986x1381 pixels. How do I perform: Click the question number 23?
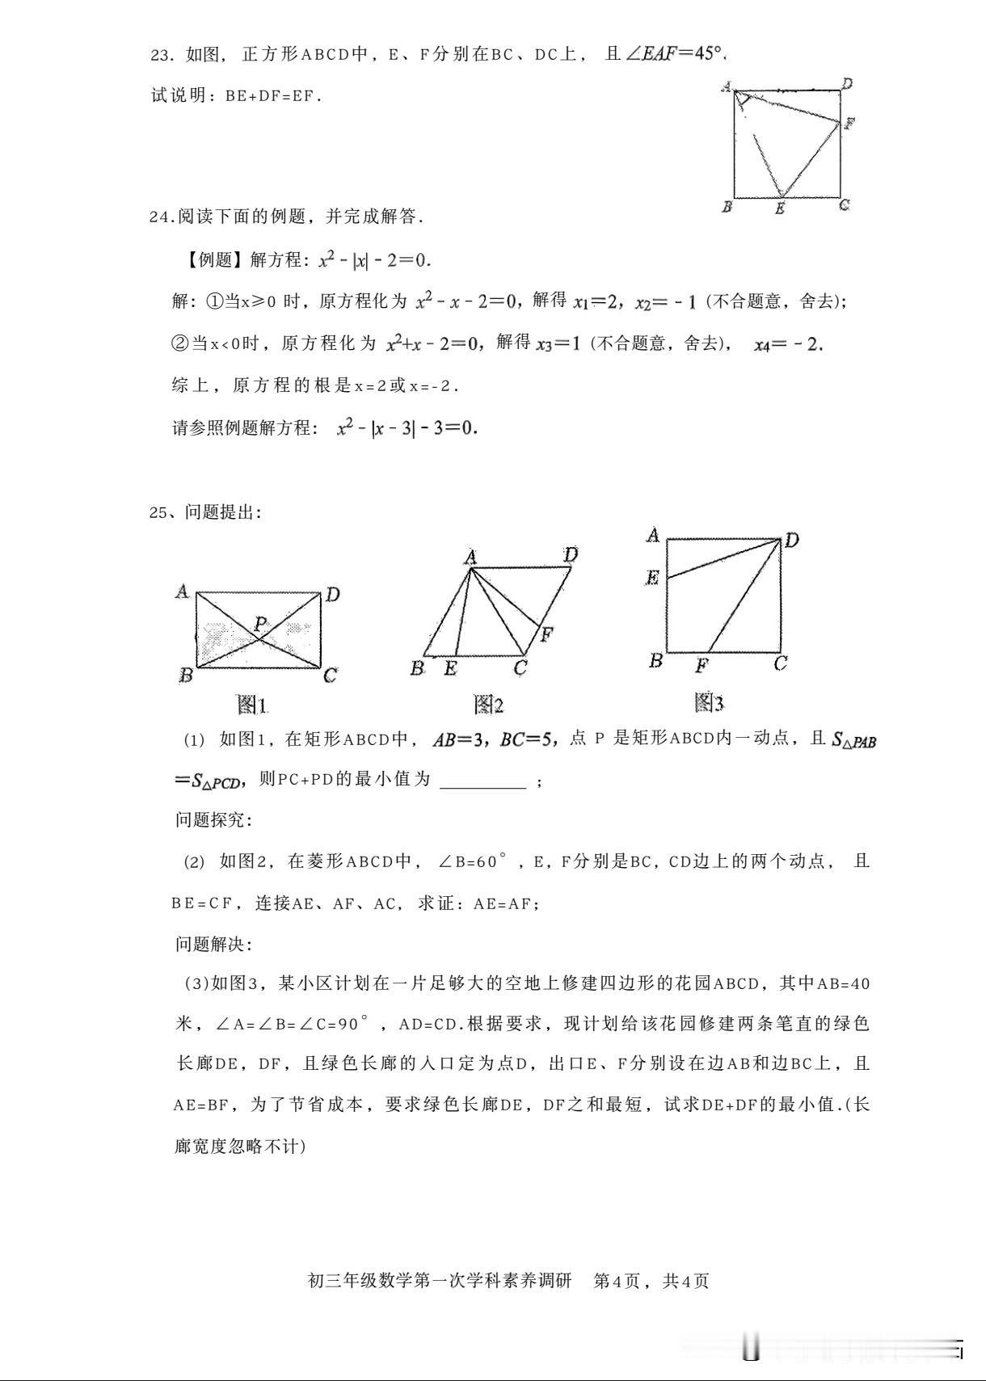coord(161,55)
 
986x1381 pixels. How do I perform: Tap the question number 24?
coord(161,217)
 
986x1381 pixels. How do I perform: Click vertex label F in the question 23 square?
coord(849,124)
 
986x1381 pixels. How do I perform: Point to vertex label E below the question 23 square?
coord(780,208)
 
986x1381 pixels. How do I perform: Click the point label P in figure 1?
coord(260,623)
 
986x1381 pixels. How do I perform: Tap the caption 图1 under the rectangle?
coord(251,705)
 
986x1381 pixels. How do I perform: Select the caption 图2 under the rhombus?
coord(489,705)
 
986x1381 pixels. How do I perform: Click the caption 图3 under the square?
coord(708,702)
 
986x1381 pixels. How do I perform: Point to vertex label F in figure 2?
coord(546,634)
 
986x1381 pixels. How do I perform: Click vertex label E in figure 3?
coord(652,577)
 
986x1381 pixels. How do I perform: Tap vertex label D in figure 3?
coord(791,540)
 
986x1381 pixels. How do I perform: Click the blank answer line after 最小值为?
coord(482,781)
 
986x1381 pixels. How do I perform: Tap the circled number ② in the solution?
coord(180,344)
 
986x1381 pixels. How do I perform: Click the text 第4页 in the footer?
coord(617,1281)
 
